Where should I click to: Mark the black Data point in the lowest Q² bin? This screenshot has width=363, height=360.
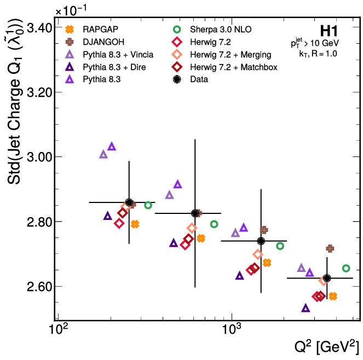(129, 203)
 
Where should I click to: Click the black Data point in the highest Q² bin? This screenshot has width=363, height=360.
(327, 278)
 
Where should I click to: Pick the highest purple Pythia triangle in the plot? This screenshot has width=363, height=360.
(112, 146)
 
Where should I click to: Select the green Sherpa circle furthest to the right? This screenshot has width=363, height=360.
(346, 268)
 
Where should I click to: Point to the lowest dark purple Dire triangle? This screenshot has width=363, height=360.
(306, 308)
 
